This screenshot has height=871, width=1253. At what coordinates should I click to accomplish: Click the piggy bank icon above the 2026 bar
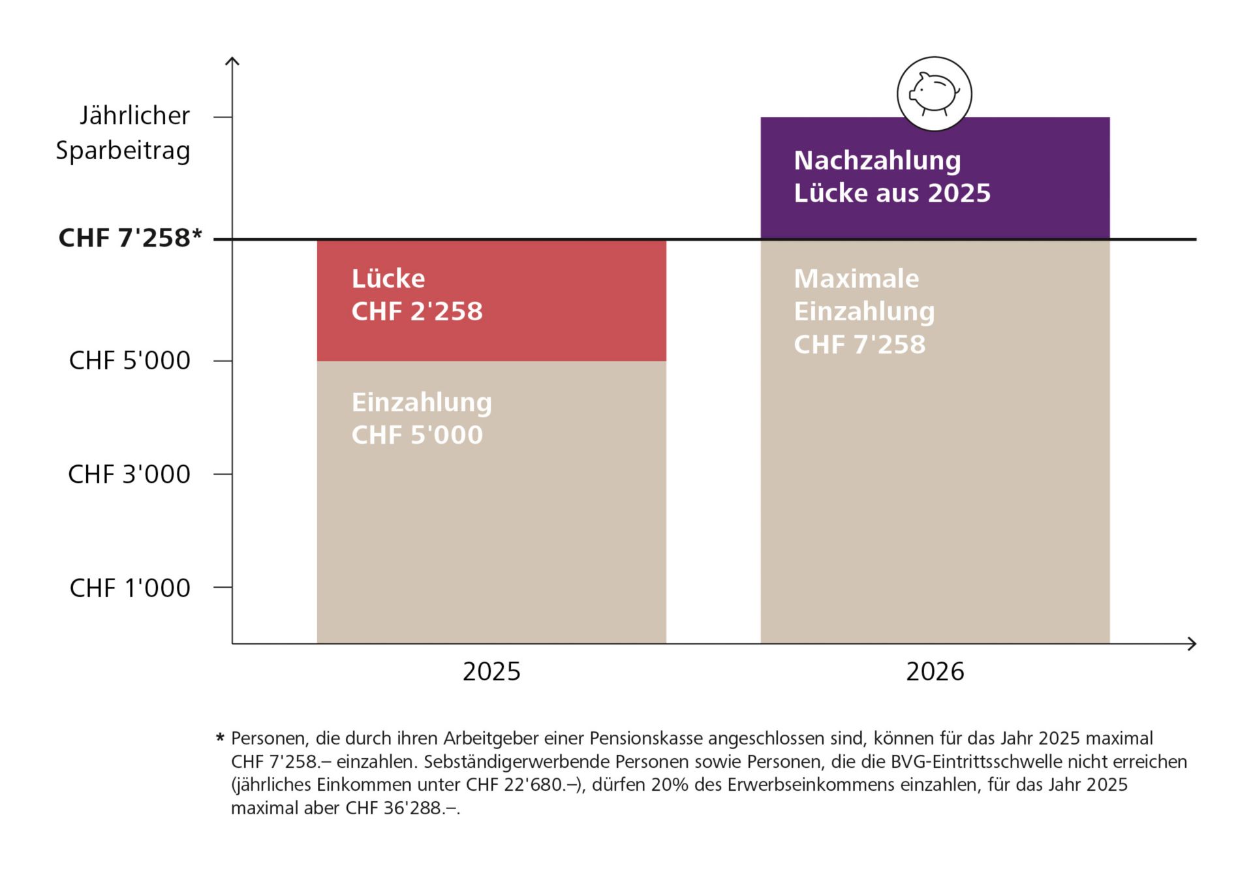[934, 94]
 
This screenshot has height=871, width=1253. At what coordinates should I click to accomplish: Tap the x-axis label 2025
[491, 671]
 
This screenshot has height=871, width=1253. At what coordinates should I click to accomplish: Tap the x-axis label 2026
[935, 671]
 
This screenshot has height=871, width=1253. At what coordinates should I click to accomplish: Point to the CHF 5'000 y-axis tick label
[129, 361]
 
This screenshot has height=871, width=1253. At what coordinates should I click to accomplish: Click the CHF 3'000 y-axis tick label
[129, 474]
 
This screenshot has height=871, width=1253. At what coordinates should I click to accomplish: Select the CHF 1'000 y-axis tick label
[129, 588]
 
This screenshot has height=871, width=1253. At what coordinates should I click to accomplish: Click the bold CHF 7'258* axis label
[130, 238]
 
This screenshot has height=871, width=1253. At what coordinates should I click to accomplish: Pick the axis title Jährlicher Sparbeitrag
[124, 132]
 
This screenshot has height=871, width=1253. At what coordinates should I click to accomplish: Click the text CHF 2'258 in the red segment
[417, 312]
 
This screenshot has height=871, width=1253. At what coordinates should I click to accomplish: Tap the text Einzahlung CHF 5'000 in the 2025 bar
[421, 419]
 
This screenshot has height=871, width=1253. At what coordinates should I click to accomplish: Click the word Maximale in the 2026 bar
[856, 279]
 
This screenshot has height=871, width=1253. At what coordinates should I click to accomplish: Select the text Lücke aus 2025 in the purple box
[892, 193]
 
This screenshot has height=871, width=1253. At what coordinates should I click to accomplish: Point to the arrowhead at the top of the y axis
[232, 60]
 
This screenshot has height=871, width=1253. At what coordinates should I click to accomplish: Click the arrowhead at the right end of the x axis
[1193, 644]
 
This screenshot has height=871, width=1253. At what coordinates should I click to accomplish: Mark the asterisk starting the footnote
[220, 739]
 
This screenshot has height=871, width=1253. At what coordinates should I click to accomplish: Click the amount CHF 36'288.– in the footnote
[402, 808]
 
